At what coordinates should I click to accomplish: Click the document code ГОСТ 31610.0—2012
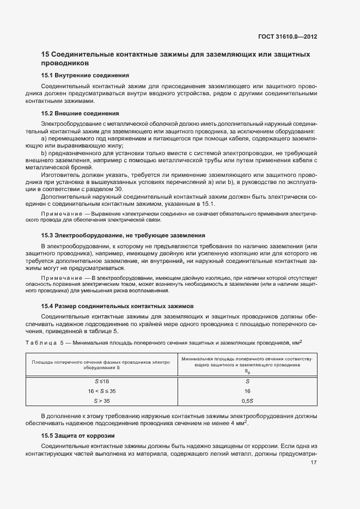click(288, 38)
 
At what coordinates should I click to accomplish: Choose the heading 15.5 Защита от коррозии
click(78, 436)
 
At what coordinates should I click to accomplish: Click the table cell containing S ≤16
click(102, 382)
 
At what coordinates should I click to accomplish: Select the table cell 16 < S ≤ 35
click(102, 391)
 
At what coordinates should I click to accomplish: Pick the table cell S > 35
click(102, 401)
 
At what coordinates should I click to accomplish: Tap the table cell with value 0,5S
click(247, 401)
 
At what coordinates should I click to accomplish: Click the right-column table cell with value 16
click(247, 391)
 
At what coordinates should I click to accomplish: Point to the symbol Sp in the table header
click(247, 371)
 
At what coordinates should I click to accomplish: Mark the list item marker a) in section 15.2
click(44, 139)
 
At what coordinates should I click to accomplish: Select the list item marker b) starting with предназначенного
click(44, 154)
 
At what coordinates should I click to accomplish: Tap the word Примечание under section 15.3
click(59, 278)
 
